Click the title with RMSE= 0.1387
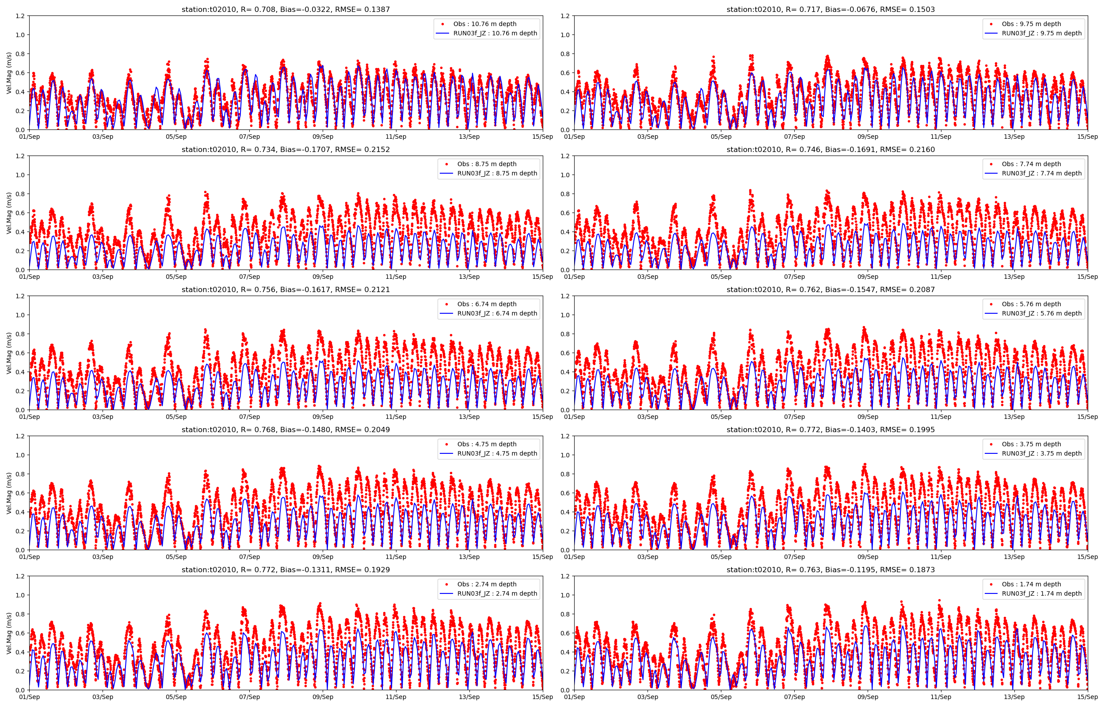tap(286, 9)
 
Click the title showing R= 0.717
tap(830, 9)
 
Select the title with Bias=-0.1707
tap(286, 149)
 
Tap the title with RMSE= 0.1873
tap(830, 569)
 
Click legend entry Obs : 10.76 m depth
tap(484, 24)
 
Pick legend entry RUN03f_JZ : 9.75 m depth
tap(1041, 33)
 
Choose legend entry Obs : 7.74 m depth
tap(1031, 164)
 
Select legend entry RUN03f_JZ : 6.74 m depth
tap(497, 313)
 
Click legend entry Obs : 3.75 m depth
tap(1031, 444)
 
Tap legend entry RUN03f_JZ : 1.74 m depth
tap(1041, 593)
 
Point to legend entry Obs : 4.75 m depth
tap(487, 444)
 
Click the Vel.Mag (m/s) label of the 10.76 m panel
tap(9, 72)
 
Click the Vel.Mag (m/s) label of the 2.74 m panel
tap(9, 633)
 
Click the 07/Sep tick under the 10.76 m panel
tap(249, 137)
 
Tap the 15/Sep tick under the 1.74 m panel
tap(1087, 697)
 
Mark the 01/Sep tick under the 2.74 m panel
tap(29, 697)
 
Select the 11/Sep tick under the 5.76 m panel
tap(941, 417)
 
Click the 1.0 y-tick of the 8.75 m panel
tap(20, 175)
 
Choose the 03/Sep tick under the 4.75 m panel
tap(103, 557)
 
